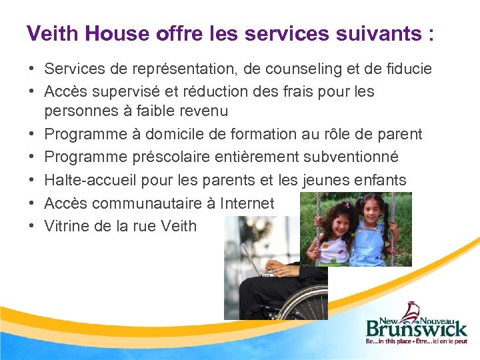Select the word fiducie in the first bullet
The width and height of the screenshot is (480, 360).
(407, 69)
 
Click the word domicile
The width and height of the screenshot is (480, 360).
(167, 135)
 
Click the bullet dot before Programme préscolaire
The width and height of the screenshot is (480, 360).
(31, 157)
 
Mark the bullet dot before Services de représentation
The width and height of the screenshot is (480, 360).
(31, 69)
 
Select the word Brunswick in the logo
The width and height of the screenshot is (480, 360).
(416, 328)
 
